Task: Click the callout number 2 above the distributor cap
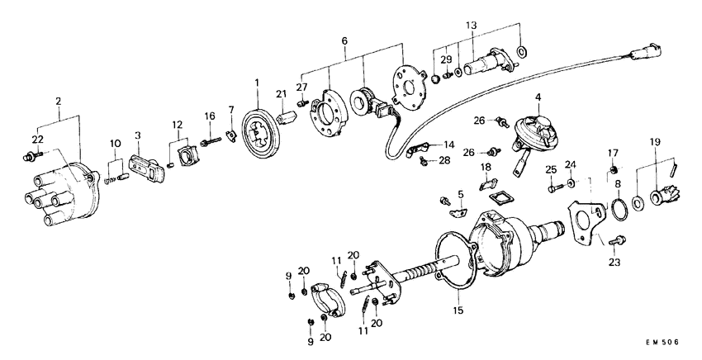(x=58, y=102)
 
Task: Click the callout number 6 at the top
(x=344, y=40)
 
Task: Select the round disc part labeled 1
(x=263, y=137)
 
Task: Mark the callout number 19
(x=657, y=141)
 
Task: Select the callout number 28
(x=444, y=159)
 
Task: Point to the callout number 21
(x=281, y=92)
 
